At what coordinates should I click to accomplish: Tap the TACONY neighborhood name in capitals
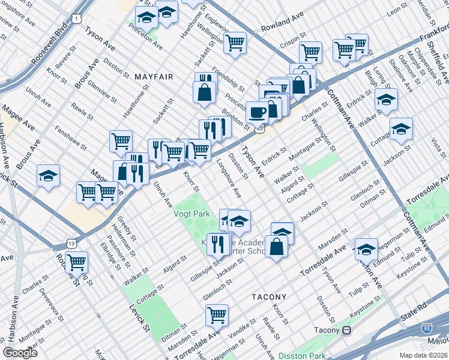point(269,297)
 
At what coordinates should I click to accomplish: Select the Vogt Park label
point(193,214)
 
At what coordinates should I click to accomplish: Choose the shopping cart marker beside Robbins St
point(76,262)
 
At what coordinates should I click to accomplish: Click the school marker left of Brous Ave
point(48,175)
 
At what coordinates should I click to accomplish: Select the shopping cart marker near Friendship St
point(235,42)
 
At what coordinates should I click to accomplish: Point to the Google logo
point(20,353)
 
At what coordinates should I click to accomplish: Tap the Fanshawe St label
point(71,137)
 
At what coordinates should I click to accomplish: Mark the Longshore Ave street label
point(228,178)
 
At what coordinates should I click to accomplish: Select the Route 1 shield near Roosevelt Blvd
point(76,19)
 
